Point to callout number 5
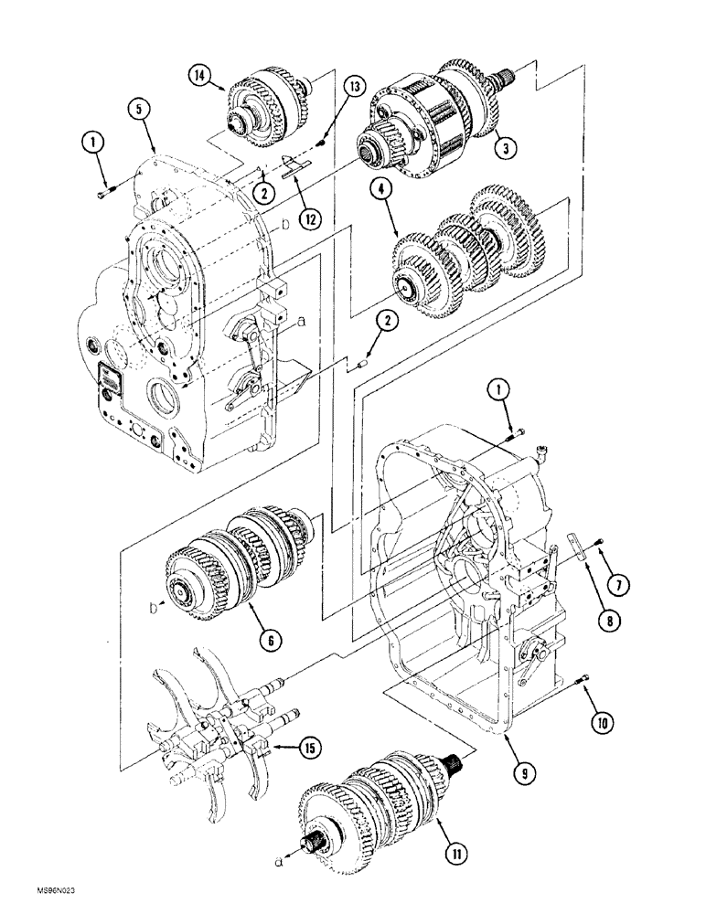pos(137,111)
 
